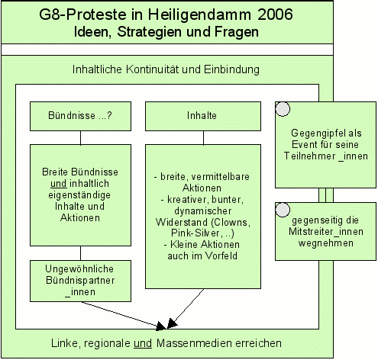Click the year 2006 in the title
[x=275, y=14]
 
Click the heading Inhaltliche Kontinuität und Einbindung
[x=166, y=69]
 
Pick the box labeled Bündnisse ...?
[x=80, y=116]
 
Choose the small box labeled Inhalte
[x=203, y=116]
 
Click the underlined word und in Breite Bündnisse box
[x=59, y=184]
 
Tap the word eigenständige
[x=79, y=195]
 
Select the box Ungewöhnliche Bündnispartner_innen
[x=80, y=281]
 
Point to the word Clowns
[x=231, y=223]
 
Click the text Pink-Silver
[x=195, y=233]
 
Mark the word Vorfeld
[x=221, y=256]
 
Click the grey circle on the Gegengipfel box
[x=283, y=109]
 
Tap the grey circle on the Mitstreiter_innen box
[x=283, y=210]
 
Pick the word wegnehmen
[x=326, y=243]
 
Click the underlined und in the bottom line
[x=143, y=343]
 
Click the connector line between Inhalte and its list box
[x=203, y=138]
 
